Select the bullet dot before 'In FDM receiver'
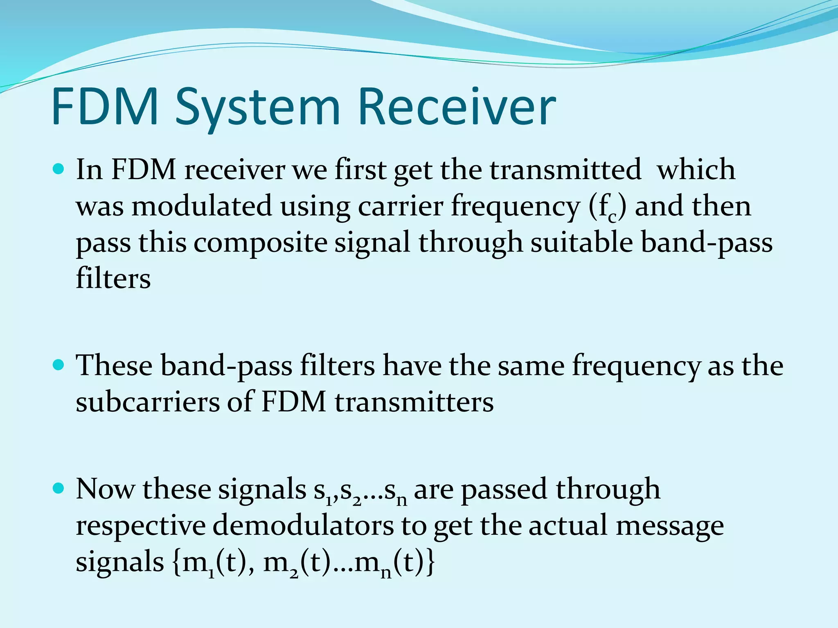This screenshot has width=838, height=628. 59,169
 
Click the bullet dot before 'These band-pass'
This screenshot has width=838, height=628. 59,364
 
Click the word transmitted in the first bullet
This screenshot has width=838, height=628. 565,170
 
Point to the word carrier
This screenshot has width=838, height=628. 401,206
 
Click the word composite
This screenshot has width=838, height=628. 260,243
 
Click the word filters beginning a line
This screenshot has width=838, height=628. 113,279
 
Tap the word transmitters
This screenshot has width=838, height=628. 414,402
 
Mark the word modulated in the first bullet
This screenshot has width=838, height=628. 201,206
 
